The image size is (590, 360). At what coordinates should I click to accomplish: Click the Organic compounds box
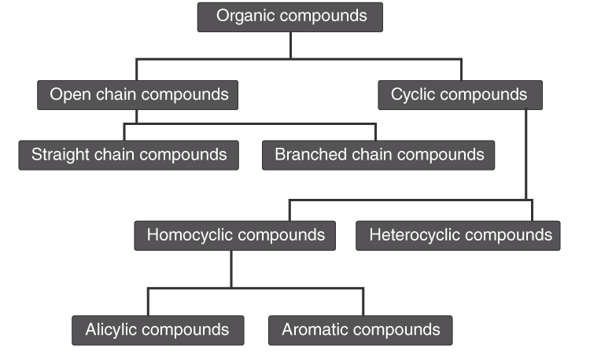click(290, 17)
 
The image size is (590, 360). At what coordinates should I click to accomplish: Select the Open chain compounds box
click(138, 95)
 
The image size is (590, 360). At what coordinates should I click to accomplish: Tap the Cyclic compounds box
click(460, 95)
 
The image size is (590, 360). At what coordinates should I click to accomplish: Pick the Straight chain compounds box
click(128, 155)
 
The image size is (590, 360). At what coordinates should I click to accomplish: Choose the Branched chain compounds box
click(378, 155)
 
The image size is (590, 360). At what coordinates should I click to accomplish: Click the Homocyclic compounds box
click(235, 235)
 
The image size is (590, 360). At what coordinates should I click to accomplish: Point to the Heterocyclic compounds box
click(459, 235)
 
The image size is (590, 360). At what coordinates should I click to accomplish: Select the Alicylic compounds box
click(157, 329)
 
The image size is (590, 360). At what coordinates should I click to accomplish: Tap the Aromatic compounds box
click(360, 329)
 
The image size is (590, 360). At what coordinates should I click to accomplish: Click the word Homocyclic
click(189, 235)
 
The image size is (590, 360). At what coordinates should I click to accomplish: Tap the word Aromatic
click(314, 329)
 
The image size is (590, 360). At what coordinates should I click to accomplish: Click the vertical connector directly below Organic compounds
click(290, 45)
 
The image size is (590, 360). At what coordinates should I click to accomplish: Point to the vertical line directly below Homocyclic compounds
click(230, 269)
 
